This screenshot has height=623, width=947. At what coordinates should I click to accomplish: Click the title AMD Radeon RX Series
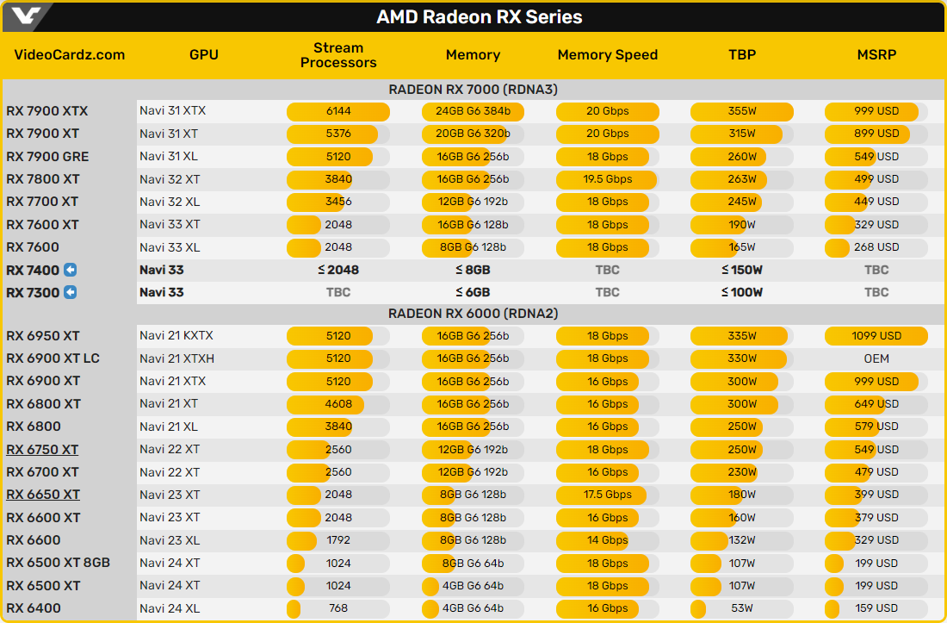(479, 17)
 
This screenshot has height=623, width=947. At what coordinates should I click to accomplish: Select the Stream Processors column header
(338, 55)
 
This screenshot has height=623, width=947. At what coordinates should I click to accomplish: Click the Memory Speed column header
(607, 55)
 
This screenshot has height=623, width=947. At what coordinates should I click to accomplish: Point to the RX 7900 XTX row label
(47, 111)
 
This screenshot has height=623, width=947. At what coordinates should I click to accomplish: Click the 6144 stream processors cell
(338, 111)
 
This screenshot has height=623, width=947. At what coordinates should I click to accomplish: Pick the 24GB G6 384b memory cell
(473, 111)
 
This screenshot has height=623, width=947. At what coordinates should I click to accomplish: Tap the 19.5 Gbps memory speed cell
(607, 179)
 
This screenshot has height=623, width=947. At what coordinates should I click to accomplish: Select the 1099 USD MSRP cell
(876, 336)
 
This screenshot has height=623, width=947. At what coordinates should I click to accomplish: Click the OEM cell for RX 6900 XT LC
(876, 358)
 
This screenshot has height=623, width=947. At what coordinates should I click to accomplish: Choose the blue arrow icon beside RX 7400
(71, 270)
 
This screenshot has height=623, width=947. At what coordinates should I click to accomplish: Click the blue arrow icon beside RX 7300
(71, 292)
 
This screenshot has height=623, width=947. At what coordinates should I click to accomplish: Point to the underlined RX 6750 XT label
(42, 450)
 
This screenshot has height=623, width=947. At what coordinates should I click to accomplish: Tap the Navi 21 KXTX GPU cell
(176, 336)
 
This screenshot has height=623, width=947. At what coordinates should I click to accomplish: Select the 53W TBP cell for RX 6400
(741, 608)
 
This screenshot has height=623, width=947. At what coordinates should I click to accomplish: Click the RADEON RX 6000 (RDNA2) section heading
(473, 314)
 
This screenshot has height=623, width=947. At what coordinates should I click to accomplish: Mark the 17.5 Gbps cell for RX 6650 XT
(607, 495)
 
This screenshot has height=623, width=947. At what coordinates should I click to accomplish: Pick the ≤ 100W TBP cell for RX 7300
(741, 292)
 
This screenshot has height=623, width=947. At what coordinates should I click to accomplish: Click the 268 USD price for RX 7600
(876, 247)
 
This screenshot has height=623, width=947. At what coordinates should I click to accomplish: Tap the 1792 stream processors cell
(338, 540)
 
